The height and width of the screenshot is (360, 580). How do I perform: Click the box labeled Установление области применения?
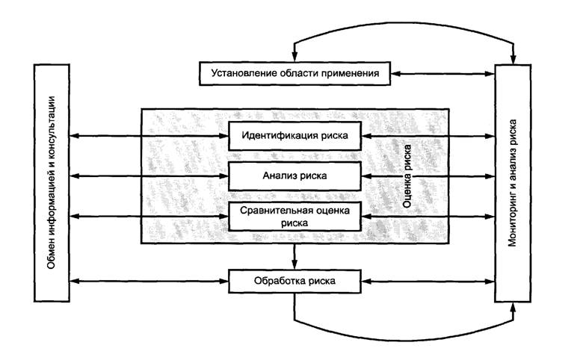point(295,73)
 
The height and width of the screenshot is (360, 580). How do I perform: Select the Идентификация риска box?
point(295,136)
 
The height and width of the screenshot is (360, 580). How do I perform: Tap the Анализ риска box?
point(295,176)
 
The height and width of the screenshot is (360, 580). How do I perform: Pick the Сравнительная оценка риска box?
point(295,216)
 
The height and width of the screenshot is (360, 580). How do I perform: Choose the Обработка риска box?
point(295,282)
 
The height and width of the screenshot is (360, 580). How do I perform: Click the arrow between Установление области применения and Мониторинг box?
point(444,73)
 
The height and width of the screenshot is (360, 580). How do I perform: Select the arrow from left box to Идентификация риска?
point(149,136)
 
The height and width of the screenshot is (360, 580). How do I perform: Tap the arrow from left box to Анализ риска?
point(149,176)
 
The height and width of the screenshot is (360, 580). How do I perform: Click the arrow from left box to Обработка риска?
point(149,282)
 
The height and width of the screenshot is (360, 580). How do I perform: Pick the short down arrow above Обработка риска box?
point(295,256)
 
